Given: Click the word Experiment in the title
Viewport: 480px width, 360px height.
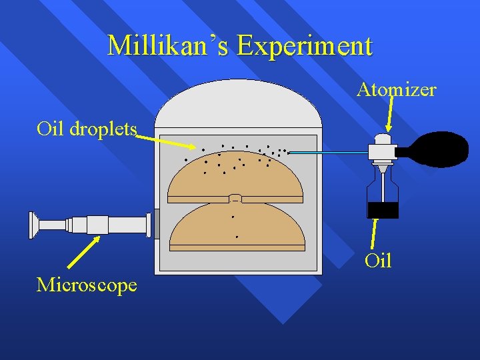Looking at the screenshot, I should (305, 46).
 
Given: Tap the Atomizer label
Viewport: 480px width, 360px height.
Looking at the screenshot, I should (396, 89).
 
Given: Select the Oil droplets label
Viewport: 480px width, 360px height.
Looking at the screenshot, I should (87, 128).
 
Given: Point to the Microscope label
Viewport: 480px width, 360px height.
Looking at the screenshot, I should (87, 285).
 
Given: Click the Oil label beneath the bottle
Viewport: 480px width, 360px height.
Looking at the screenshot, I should (378, 261).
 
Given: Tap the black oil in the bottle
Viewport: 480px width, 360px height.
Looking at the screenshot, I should (383, 210).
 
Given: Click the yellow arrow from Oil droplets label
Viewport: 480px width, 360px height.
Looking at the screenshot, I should (167, 141).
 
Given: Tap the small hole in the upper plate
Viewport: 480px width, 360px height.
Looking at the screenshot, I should (235, 198).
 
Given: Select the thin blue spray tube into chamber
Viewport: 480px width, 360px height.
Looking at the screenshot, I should (327, 153).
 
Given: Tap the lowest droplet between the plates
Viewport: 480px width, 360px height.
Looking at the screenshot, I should (237, 237).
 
